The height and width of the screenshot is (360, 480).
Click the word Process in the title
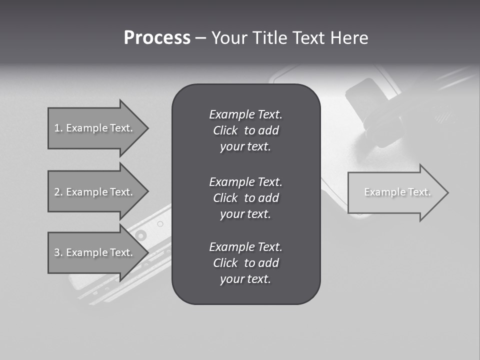[157, 38]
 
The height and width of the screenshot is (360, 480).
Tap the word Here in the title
[348, 38]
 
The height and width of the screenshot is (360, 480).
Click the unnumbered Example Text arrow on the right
[397, 192]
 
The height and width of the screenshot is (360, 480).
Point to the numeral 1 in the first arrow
[57, 128]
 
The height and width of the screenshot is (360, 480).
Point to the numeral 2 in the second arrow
[57, 192]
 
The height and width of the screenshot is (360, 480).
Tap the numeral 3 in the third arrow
[57, 252]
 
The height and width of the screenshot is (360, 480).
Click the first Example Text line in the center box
[245, 114]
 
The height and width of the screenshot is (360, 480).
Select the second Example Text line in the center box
[245, 181]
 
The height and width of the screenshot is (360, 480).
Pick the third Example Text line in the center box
[245, 247]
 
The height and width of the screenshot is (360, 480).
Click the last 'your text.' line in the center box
[245, 279]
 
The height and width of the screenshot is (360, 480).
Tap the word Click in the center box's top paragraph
[225, 130]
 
